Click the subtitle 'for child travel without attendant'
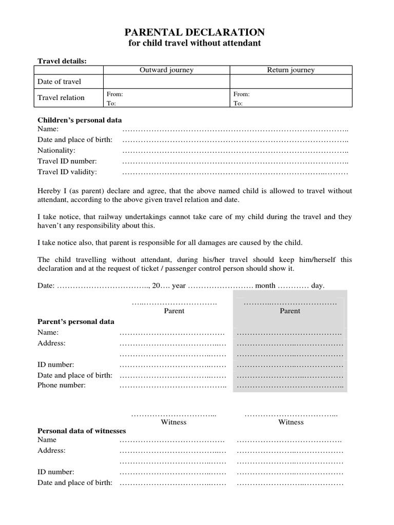tap(194, 43)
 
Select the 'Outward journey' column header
tap(167, 70)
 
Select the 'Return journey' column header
tap(291, 70)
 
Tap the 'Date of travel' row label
tap(60, 82)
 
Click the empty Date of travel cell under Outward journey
tap(167, 82)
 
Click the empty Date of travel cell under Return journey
tap(291, 82)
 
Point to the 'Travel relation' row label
tap(61, 97)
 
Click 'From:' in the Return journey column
tap(242, 94)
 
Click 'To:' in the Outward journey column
tap(111, 103)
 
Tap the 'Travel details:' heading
tap(62, 61)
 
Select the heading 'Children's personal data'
tap(80, 120)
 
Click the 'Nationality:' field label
tap(56, 150)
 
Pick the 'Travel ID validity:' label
tap(67, 172)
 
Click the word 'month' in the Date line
tap(265, 286)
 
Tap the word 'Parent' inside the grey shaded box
tap(290, 311)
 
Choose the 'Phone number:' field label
tap(62, 385)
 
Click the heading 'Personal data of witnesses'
tap(82, 431)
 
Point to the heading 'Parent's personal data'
tap(76, 321)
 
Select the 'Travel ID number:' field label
tap(67, 161)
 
